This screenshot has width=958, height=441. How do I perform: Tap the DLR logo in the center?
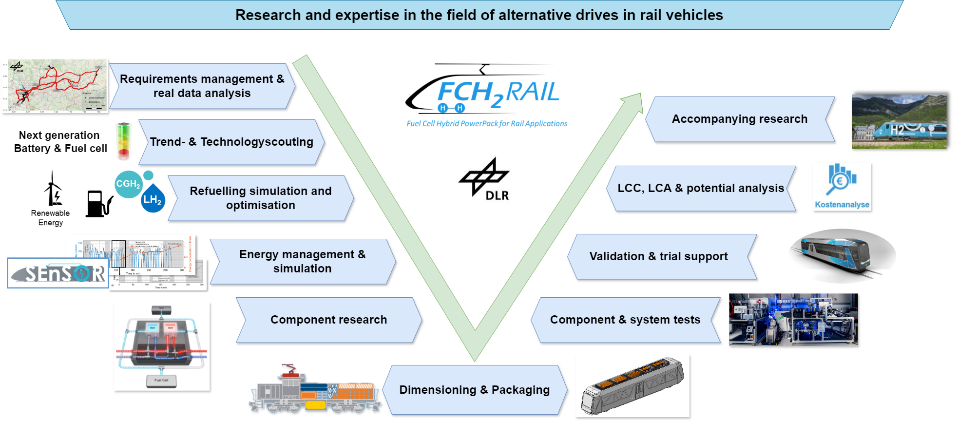(485, 179)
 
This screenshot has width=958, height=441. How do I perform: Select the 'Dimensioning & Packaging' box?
(474, 390)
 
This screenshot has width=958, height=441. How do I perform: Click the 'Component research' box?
(329, 320)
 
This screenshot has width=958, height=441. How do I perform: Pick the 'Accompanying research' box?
(739, 119)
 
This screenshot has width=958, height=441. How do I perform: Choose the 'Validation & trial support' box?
(659, 256)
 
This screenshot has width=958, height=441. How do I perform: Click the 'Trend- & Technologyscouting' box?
(231, 142)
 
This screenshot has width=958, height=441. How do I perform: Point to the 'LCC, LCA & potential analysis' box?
(701, 188)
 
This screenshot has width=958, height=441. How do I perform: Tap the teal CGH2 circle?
(128, 184)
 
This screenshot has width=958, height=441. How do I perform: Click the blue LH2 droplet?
(153, 199)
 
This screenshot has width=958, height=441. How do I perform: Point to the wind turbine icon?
(53, 190)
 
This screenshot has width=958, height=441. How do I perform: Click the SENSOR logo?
(58, 273)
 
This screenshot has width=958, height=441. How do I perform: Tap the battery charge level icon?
(124, 141)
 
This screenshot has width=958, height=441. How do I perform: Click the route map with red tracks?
(55, 86)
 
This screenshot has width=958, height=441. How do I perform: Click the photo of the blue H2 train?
(899, 121)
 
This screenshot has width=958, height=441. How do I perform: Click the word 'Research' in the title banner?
(268, 15)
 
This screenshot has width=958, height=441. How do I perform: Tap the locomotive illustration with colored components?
(314, 390)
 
